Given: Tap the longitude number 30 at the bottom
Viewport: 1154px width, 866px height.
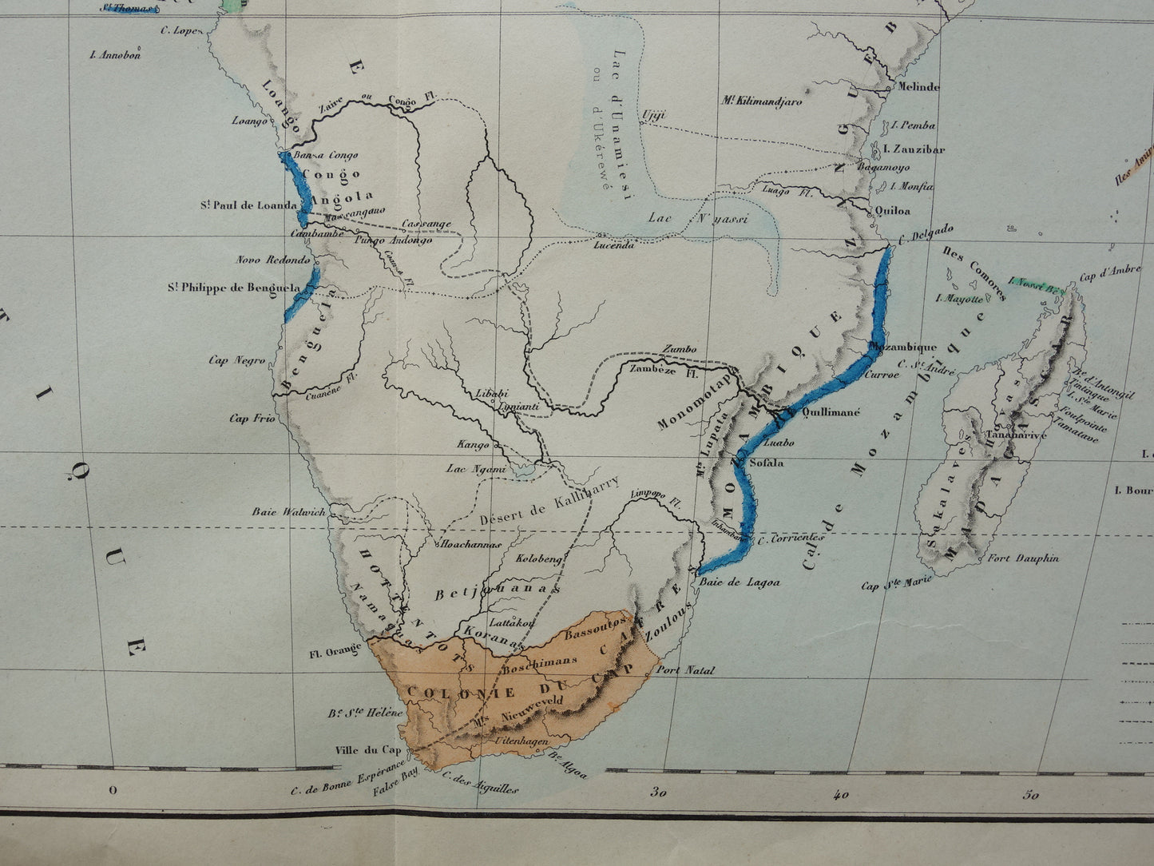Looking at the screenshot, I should (x=658, y=794).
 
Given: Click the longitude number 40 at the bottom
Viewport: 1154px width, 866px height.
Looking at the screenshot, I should (x=840, y=794).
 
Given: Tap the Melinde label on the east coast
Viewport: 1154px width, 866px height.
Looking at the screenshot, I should (x=918, y=86).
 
